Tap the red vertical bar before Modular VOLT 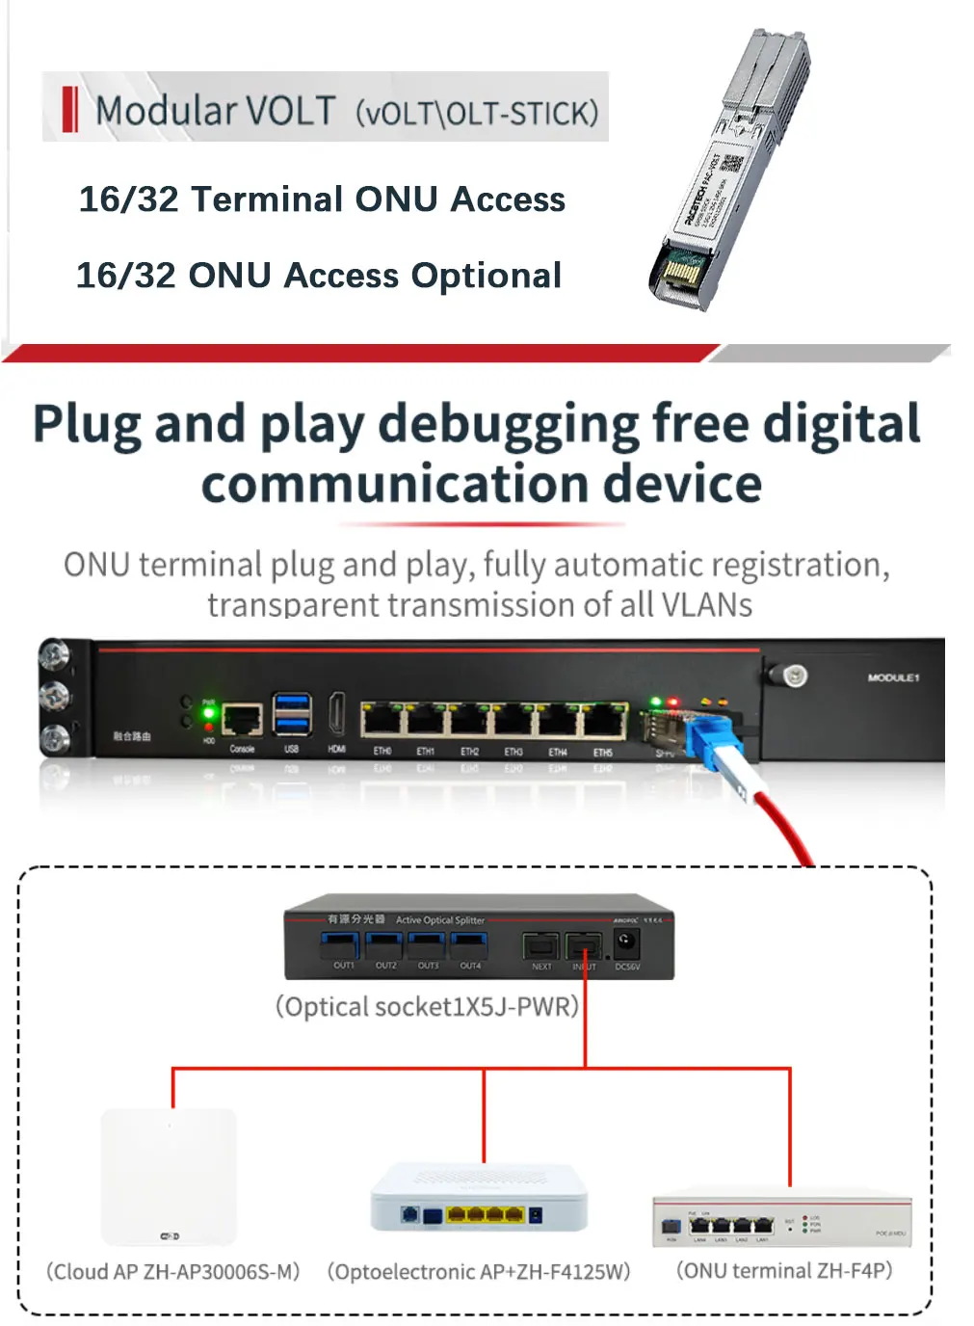pyautogui.click(x=69, y=109)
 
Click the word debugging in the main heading pyautogui.click(x=508, y=424)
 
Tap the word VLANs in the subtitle pyautogui.click(x=706, y=605)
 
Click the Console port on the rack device pyautogui.click(x=242, y=719)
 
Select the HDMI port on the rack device pyautogui.click(x=337, y=714)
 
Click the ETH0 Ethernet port pyautogui.click(x=382, y=720)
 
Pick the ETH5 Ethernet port pyautogui.click(x=603, y=720)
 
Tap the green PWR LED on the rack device pyautogui.click(x=208, y=712)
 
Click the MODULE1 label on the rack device pyautogui.click(x=892, y=677)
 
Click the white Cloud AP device pyautogui.click(x=169, y=1175)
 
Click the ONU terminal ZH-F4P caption pyautogui.click(x=784, y=1270)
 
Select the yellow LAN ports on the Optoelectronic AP pyautogui.click(x=485, y=1214)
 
